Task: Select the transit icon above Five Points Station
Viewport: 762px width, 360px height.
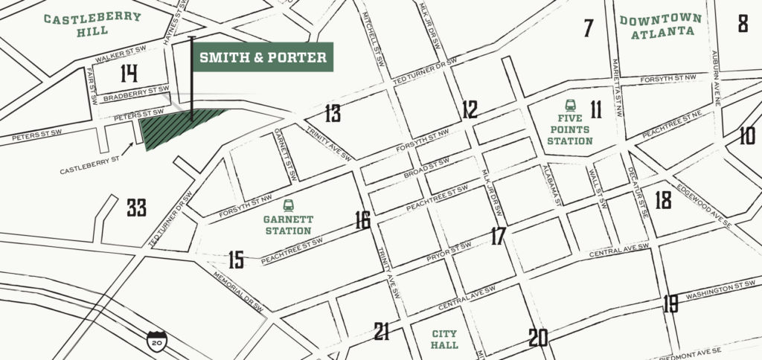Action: [x=571, y=106]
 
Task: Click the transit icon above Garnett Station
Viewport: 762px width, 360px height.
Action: [x=288, y=205]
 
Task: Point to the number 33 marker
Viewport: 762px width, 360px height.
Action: [x=136, y=208]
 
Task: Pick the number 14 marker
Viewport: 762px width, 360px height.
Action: [x=129, y=74]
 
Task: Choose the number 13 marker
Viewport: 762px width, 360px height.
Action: [x=332, y=114]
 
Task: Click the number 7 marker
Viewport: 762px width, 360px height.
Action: [x=589, y=28]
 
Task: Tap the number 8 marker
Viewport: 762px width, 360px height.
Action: [x=743, y=24]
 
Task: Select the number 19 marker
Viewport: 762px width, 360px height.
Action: [x=670, y=303]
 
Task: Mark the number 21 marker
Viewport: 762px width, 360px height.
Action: [x=382, y=332]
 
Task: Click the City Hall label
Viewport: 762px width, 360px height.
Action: [x=444, y=339]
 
